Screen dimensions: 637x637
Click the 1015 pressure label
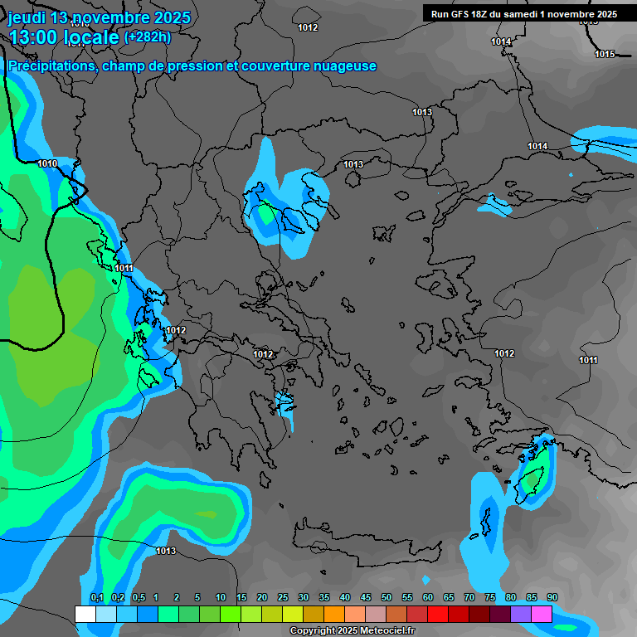coord(605,54)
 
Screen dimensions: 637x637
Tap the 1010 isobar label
coord(47,163)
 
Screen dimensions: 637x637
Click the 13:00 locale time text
coord(63,37)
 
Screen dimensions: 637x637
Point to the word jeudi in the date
coord(27,17)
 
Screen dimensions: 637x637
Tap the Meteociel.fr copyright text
coord(352,631)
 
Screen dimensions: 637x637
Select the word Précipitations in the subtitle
coord(51,66)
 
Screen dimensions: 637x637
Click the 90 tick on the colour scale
coord(552,598)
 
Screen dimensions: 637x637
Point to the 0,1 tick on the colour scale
coord(96,598)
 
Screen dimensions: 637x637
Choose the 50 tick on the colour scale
coord(387,598)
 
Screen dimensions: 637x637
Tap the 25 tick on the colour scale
coord(283,598)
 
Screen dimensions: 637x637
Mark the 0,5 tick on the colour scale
coord(138,598)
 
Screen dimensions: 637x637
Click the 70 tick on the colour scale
coord(469,598)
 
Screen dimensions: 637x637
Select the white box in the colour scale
coord(85,614)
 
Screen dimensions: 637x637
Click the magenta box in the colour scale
coord(542,614)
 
